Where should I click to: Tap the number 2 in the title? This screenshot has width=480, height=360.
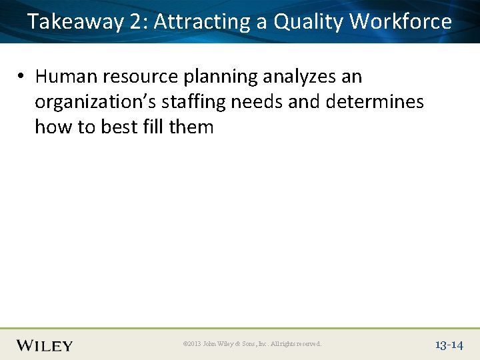[x=138, y=22]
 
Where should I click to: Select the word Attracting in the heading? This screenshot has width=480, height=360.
[x=202, y=22]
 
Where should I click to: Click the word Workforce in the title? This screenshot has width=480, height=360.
[x=401, y=22]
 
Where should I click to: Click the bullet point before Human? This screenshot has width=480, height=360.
[x=22, y=77]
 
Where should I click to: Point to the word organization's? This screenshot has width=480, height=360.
[x=96, y=102]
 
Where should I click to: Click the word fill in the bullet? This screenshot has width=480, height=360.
[x=153, y=127]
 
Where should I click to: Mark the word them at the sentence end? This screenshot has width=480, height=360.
[x=191, y=127]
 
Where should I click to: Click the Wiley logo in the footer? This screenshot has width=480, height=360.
[x=45, y=345]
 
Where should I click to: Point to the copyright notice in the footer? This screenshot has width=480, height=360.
[x=251, y=344]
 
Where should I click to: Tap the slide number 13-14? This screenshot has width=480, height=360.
[x=449, y=345]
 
